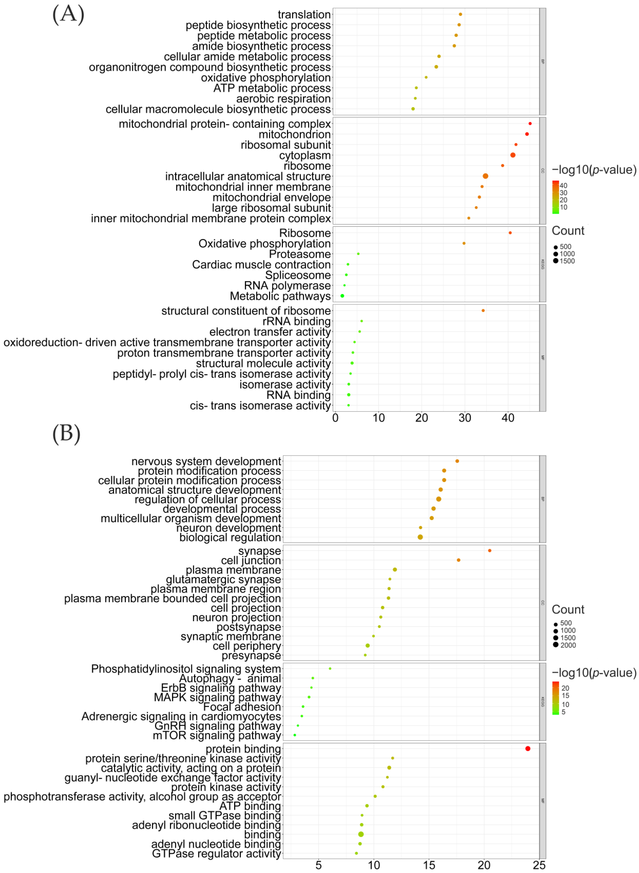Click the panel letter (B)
[x=67, y=433]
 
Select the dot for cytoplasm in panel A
[x=512, y=155]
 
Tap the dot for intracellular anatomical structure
[x=485, y=176]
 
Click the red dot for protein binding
[x=528, y=748]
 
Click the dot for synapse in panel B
[x=490, y=550]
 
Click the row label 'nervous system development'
[x=206, y=461]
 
